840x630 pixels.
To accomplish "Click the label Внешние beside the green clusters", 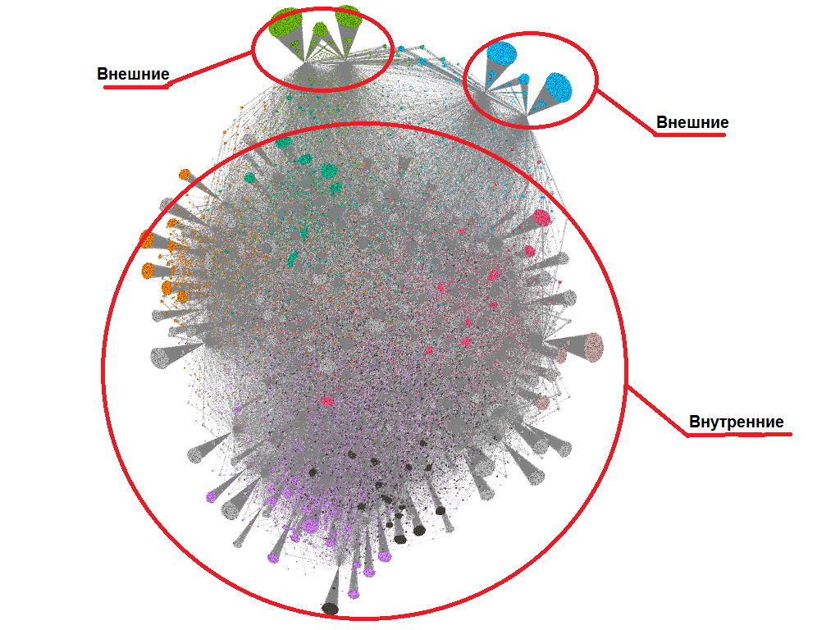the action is click(x=133, y=74).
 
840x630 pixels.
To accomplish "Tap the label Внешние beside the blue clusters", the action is click(x=692, y=122).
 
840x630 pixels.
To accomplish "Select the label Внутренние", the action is click(x=736, y=422).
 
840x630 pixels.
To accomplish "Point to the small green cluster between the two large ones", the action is click(x=321, y=31).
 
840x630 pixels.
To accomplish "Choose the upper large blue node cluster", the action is click(x=501, y=54).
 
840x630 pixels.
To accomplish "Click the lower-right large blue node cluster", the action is click(x=558, y=86).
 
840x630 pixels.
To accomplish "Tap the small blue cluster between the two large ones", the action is click(x=524, y=79).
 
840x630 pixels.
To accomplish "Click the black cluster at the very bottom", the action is click(x=330, y=608).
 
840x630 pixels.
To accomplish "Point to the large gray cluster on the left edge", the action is click(x=162, y=357).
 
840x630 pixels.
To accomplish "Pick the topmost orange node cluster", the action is click(x=185, y=174).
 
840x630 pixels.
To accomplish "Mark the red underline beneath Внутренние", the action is click(x=738, y=434).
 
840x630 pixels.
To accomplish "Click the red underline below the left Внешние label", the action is click(x=135, y=86).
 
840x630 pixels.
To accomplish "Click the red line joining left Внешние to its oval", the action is click(x=212, y=67).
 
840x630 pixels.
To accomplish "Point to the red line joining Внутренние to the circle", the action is click(x=656, y=408).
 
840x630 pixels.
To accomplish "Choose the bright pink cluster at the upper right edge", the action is click(x=541, y=217).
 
